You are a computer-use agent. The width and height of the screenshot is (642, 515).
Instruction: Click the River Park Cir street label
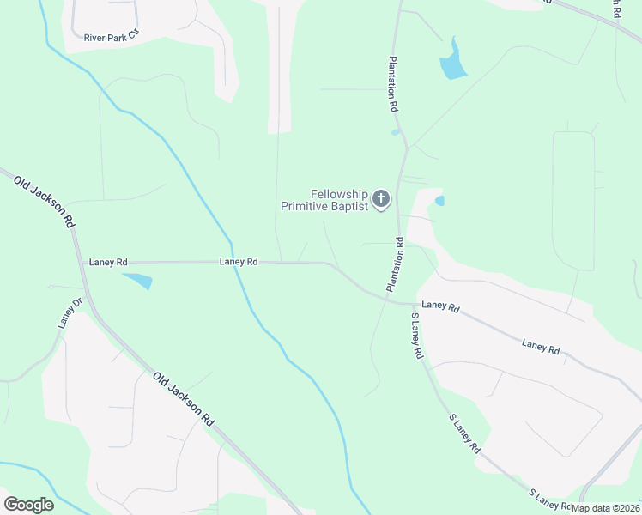111,37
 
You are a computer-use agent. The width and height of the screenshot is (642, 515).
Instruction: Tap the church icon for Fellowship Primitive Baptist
381,200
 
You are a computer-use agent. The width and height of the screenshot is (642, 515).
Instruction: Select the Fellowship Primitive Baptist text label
325,200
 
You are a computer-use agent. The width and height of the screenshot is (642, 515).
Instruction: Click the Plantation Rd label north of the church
393,85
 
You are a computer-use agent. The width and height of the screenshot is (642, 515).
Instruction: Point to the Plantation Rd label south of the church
396,264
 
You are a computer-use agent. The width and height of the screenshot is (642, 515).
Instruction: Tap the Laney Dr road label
69,313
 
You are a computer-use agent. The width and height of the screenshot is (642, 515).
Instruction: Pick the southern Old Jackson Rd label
184,399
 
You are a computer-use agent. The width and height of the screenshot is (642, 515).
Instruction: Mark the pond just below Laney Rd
138,280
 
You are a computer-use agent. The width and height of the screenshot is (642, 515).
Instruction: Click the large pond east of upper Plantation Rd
452,63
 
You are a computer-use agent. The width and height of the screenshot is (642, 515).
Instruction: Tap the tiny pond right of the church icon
439,201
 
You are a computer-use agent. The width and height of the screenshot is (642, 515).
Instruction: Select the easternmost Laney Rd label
541,346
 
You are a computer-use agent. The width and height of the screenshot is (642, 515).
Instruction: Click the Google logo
28,505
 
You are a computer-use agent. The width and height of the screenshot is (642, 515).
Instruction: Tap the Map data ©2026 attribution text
606,508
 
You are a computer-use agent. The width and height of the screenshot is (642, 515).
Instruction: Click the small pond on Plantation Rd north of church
396,132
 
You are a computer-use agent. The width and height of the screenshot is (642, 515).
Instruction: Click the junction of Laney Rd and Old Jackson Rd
82,262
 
